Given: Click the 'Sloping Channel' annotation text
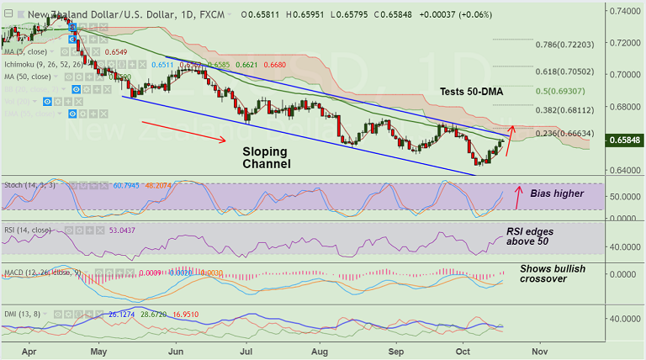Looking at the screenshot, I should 265,157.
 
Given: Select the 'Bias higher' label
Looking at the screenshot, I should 557,193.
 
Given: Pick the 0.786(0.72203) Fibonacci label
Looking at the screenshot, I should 569,44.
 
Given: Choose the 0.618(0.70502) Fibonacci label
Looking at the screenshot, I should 569,73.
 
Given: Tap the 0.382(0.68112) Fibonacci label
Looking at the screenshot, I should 569,110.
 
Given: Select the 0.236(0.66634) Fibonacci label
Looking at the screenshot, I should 569,133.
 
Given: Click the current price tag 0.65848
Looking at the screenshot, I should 626,139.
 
